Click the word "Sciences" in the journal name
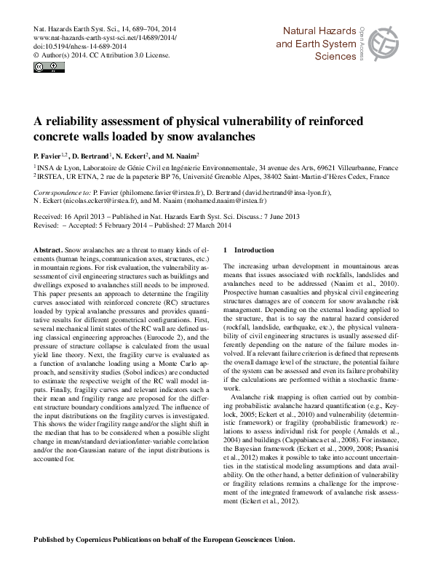tap(335, 56)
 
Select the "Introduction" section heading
tap(254, 249)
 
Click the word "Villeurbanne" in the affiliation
tap(360, 167)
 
